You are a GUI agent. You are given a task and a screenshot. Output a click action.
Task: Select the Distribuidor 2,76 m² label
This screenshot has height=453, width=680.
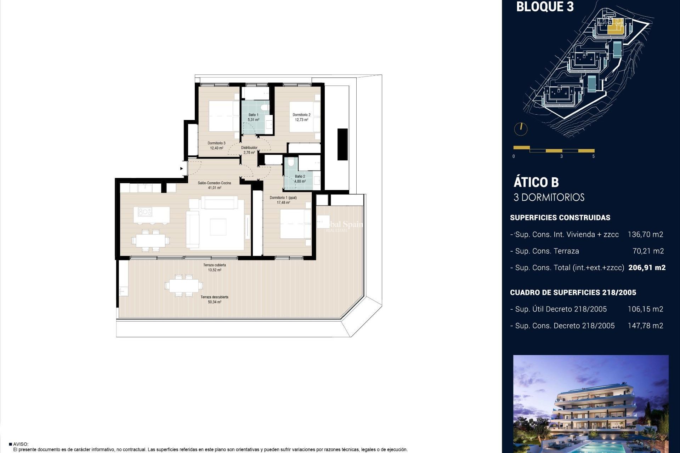pos(249,150)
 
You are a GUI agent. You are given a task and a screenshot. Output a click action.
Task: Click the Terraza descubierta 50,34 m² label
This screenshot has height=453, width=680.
pos(214,299)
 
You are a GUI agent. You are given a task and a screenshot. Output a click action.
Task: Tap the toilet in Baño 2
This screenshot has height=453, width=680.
pos(291,162)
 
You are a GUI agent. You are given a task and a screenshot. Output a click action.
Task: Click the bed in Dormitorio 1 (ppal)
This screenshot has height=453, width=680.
pos(295,224)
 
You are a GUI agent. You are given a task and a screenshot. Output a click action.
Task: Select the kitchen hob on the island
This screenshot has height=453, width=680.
pos(145,212)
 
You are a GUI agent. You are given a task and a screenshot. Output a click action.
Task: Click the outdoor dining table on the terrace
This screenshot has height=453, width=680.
pos(184,285)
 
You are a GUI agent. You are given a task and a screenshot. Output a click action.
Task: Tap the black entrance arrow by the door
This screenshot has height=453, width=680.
pos(182,168)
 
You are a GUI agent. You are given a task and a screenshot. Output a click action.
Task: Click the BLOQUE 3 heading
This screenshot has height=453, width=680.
pos(545,7)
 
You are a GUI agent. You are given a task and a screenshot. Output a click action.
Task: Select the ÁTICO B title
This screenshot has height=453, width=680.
pos(536,182)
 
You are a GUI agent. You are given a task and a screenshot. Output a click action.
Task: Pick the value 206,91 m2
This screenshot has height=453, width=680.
pos(647,268)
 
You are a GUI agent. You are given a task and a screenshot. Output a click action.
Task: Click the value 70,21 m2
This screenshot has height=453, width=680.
pos(648,251)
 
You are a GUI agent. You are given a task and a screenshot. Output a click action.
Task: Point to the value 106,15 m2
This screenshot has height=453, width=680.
pos(645,309)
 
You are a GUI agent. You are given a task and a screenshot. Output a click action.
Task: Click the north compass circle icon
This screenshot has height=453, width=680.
pos(521,129)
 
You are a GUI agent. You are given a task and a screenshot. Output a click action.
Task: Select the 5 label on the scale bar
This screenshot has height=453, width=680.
pos(594,156)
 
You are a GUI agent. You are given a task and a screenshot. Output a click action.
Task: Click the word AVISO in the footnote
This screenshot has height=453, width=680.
pos(21,444)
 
